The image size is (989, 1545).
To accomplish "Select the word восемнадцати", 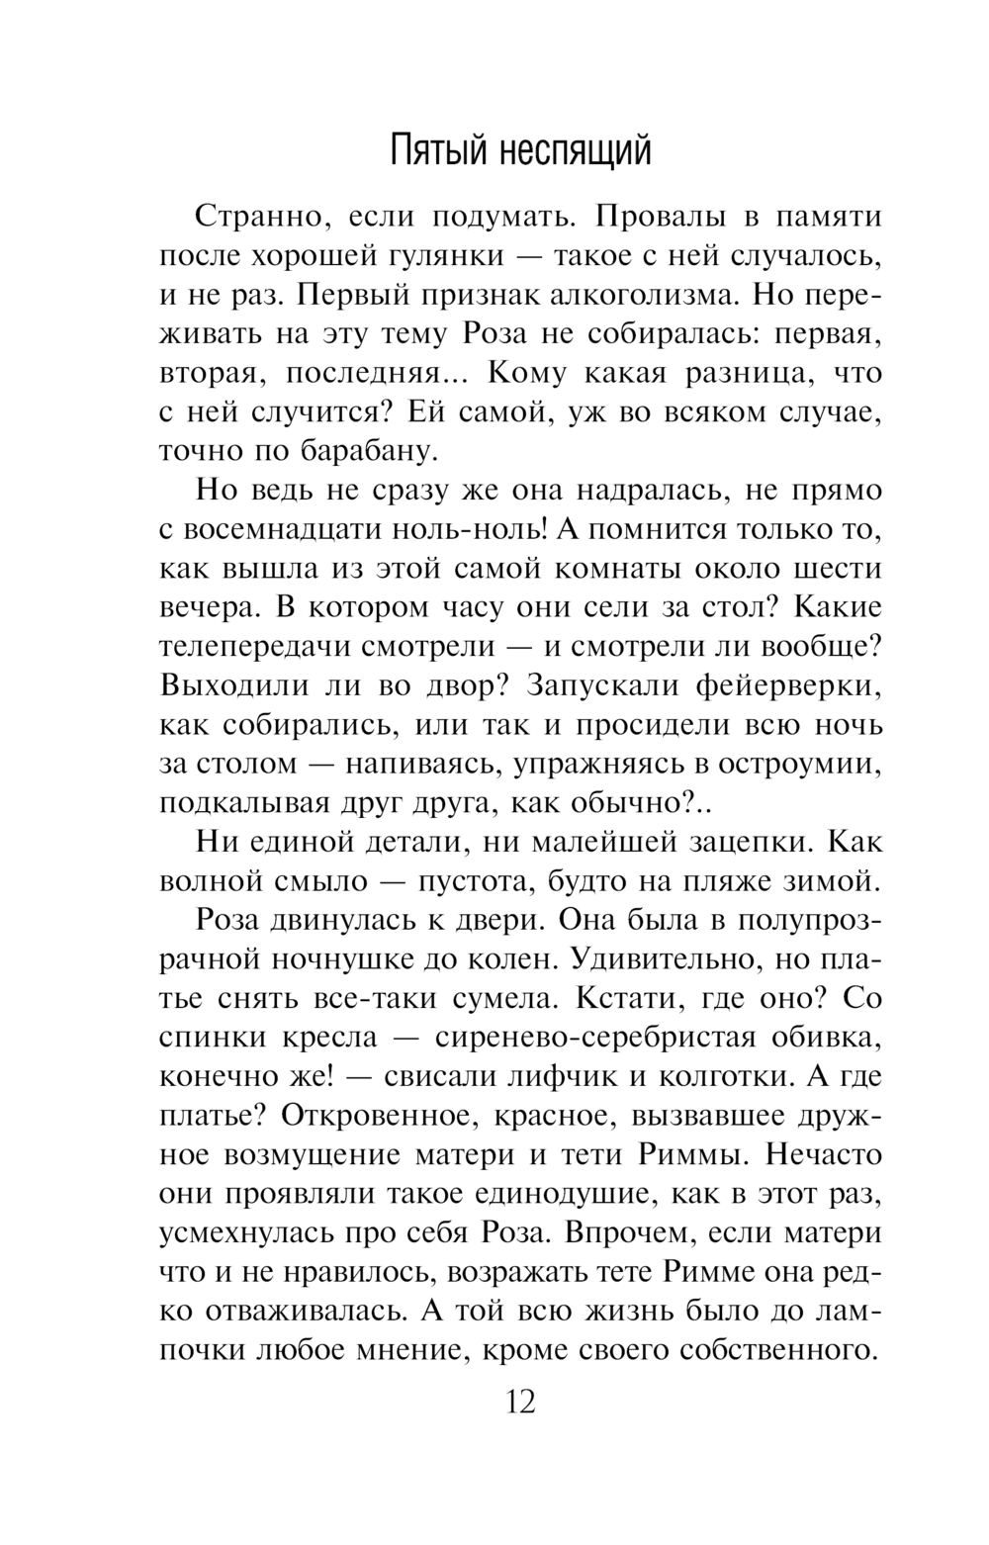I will click(x=287, y=529).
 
